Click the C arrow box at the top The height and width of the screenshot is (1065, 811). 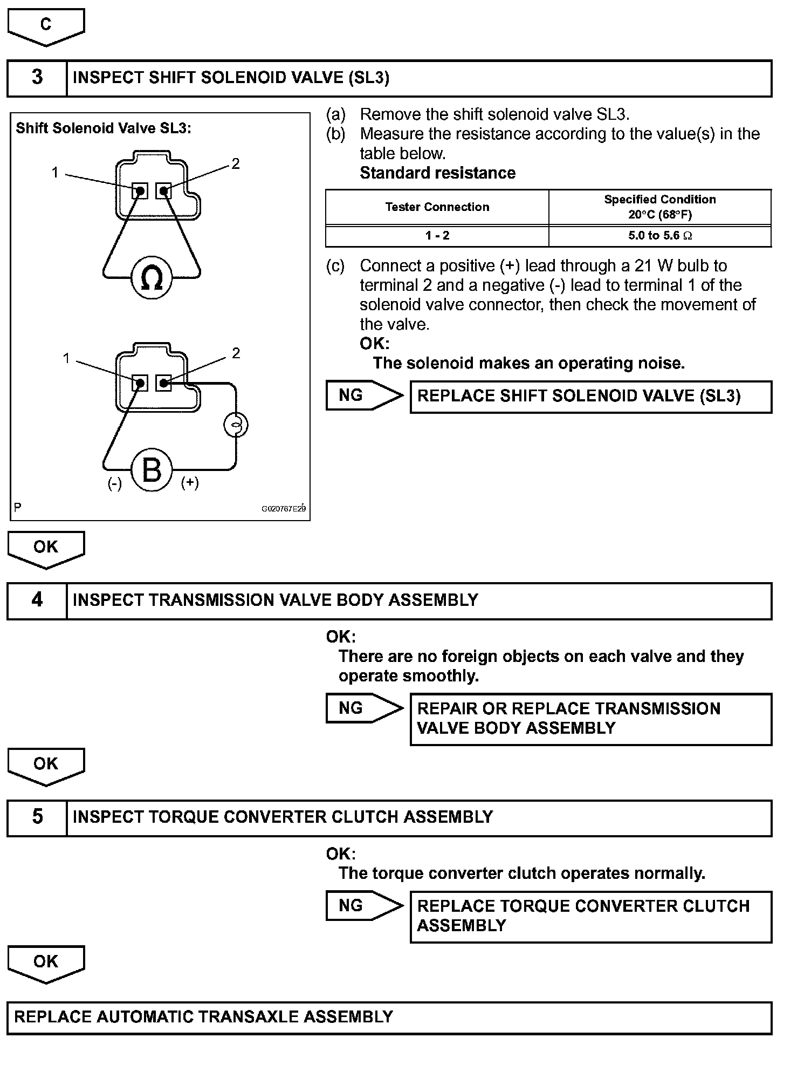46,25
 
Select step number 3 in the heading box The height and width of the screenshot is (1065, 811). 37,78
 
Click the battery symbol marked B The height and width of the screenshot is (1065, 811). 152,470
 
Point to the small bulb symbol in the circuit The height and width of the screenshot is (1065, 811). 236,425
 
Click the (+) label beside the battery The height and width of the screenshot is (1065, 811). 190,482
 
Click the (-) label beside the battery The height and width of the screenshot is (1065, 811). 114,483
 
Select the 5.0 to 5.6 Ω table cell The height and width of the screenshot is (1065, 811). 659,236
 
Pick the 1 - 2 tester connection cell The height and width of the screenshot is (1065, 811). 437,236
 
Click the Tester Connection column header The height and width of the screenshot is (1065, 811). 437,207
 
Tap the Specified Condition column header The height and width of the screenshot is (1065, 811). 659,207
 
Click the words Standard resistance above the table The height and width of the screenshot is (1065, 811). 437,173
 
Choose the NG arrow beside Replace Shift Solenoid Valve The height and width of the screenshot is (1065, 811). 363,395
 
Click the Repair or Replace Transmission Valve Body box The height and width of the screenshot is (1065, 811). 590,719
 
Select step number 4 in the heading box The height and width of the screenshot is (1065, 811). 37,600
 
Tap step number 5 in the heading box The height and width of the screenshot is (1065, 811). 37,817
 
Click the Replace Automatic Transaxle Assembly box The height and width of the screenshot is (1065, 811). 389,1018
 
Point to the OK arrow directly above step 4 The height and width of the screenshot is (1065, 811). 46,548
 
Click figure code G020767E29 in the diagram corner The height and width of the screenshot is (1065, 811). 283,509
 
